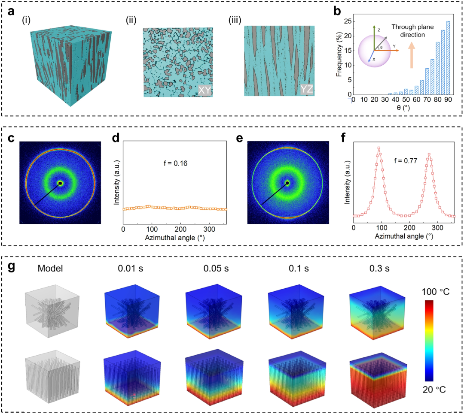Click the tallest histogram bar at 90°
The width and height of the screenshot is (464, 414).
tap(448, 58)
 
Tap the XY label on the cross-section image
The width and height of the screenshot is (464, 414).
tap(205, 90)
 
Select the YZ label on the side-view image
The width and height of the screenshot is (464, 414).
tap(307, 89)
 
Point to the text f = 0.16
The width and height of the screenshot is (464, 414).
tap(175, 163)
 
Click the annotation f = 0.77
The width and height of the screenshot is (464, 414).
tap(406, 161)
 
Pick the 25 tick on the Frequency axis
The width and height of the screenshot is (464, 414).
tap(348, 21)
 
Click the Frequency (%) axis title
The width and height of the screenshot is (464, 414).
tap(339, 54)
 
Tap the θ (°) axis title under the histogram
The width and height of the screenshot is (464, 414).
tap(403, 108)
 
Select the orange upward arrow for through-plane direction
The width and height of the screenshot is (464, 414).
tap(412, 55)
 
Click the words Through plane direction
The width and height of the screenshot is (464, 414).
tap(412, 31)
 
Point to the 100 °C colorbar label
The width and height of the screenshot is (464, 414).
tap(435, 292)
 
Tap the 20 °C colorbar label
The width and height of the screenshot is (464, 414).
tap(434, 390)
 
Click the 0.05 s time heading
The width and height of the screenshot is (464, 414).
tap(216, 268)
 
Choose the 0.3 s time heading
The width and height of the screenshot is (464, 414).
tap(379, 268)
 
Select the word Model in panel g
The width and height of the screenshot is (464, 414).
tap(50, 268)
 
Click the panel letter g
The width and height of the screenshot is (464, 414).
tap(11, 267)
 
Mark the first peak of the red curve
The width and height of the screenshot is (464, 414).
tap(379, 148)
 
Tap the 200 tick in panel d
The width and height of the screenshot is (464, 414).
tap(180, 230)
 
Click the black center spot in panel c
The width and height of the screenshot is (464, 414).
tap(61, 183)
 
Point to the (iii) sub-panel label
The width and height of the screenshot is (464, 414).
tap(235, 20)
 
